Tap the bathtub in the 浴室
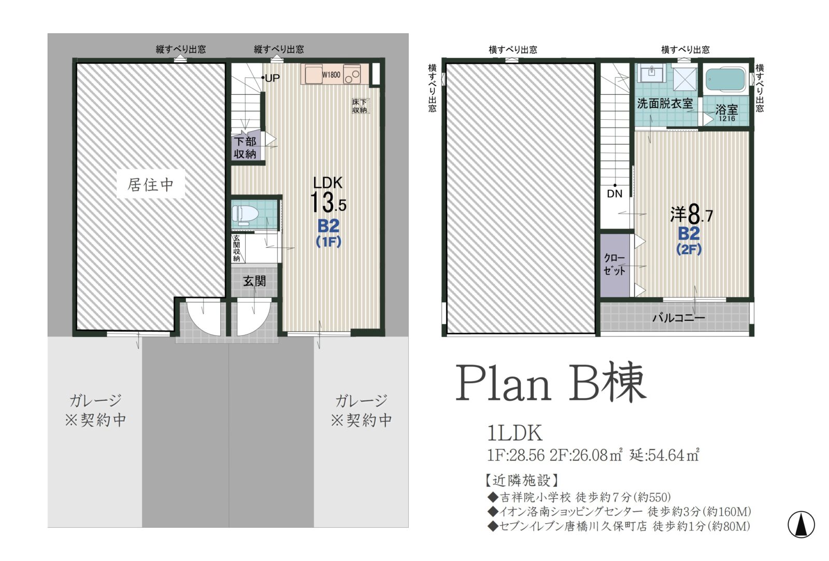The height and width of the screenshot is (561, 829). click(x=725, y=80)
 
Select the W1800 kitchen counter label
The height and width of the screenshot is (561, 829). click(x=331, y=75)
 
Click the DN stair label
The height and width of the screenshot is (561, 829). click(x=614, y=194)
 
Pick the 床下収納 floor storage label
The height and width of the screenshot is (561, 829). click(x=360, y=106)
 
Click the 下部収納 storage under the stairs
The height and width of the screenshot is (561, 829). click(x=245, y=147)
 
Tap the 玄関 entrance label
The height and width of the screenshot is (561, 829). click(x=254, y=282)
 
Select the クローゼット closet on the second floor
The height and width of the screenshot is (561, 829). click(x=614, y=264)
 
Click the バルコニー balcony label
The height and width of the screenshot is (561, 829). click(x=678, y=317)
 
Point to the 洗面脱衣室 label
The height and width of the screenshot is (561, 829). click(x=665, y=104)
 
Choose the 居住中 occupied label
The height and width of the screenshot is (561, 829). click(x=151, y=185)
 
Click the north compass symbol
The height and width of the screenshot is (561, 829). click(x=801, y=525)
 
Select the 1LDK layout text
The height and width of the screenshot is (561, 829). click(x=515, y=433)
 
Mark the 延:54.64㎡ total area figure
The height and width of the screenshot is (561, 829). click(x=664, y=455)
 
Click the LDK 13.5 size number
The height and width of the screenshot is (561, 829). click(x=328, y=202)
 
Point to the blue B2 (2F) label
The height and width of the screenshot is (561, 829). click(x=689, y=241)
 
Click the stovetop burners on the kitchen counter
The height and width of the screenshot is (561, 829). click(x=352, y=74)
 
